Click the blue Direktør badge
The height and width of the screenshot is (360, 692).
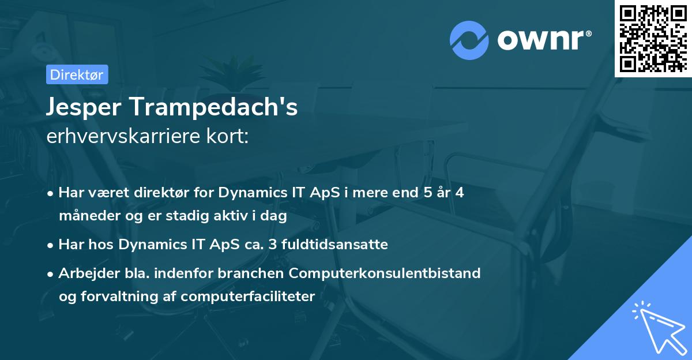(77, 74)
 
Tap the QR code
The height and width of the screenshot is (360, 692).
(653, 38)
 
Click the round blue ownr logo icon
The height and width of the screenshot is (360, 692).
(469, 40)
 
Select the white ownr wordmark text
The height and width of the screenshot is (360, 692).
(544, 40)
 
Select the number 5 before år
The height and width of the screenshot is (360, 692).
(428, 193)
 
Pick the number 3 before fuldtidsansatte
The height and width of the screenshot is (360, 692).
(272, 245)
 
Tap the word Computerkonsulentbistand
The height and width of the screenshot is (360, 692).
(385, 273)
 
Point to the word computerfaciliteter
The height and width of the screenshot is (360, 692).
(248, 297)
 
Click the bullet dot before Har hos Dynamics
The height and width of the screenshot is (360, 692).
(50, 246)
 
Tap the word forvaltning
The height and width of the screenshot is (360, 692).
(119, 297)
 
